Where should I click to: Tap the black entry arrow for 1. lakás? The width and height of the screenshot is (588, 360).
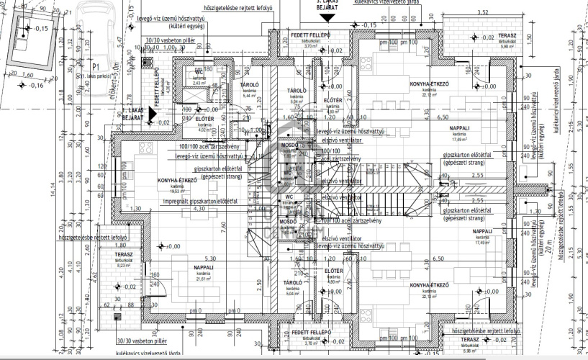click(159, 113)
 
